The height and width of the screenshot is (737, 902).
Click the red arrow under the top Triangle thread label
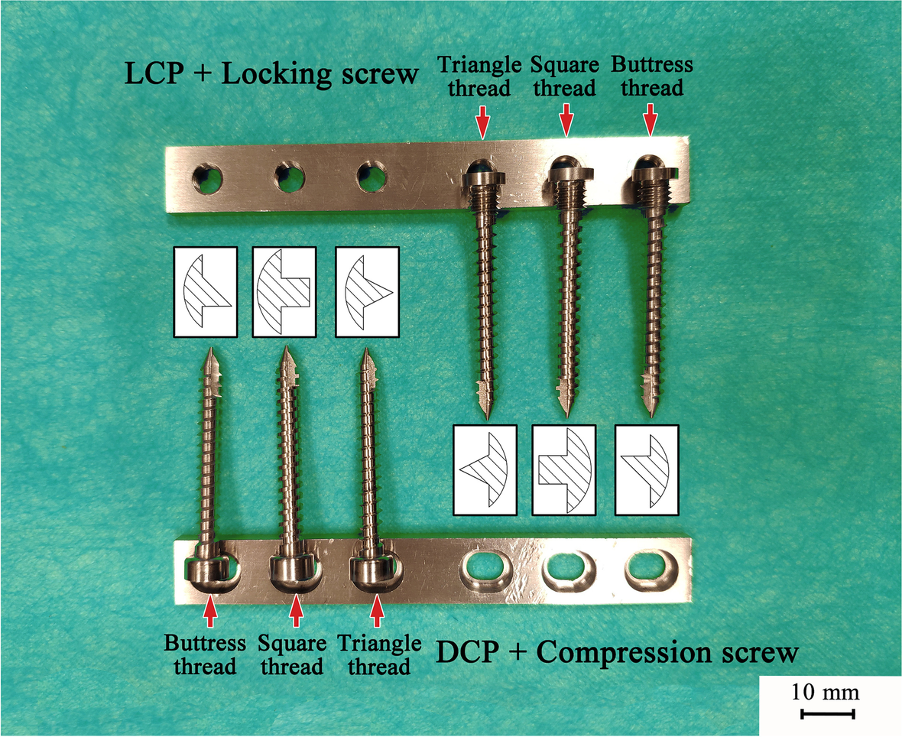(482, 120)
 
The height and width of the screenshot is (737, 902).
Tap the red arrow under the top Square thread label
(566, 120)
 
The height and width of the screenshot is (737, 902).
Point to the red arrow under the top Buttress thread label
(650, 120)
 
